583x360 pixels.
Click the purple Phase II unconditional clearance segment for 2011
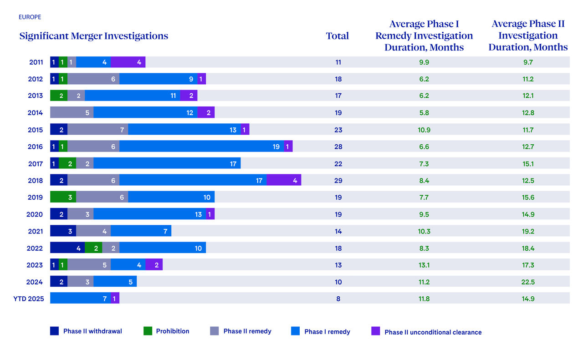128,62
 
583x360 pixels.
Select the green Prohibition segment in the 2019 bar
63,197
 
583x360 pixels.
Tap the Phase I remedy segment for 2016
201,147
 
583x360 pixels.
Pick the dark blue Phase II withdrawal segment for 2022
67,248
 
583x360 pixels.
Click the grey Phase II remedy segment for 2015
97,130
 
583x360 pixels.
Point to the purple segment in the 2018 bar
284,180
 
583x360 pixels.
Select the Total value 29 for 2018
338,180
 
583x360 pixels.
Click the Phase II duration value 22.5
528,282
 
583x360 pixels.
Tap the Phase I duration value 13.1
424,265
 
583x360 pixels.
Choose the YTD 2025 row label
29,299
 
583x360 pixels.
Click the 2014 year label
36,113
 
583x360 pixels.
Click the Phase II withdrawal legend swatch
55,331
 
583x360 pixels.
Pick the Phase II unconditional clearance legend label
433,332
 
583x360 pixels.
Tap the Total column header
338,36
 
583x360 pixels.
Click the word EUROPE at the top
30,17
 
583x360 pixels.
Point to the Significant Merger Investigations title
94,36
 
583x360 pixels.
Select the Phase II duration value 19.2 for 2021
528,231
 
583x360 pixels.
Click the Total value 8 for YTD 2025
338,299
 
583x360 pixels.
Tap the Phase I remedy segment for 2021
141,231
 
